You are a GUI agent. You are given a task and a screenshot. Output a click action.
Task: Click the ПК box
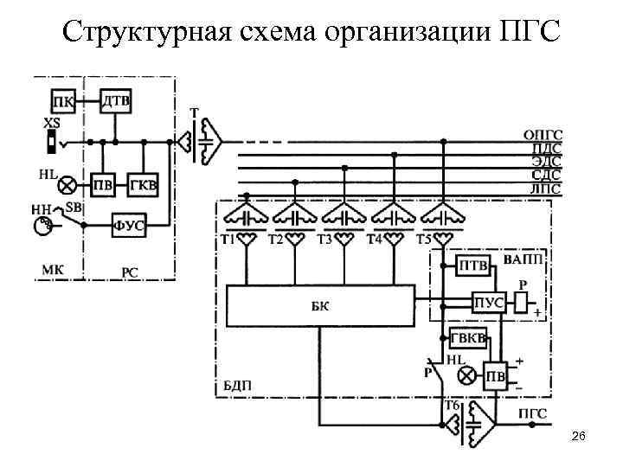point(62,100)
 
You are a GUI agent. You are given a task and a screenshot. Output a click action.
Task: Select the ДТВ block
point(116,100)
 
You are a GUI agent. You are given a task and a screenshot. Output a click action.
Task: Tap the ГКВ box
point(143,184)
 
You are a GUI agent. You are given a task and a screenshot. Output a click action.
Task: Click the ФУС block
point(129,226)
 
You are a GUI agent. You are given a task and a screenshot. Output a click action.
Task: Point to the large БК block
point(321,305)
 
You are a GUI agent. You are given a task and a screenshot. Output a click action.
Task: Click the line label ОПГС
point(543,134)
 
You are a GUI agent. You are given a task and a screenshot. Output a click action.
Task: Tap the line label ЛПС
point(546,189)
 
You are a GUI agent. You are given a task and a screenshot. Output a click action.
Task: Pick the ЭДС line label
point(546,161)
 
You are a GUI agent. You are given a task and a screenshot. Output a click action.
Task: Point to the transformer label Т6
point(451,405)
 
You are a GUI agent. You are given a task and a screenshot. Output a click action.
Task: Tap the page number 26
point(578,440)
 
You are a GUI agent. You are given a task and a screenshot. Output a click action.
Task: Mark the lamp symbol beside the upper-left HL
point(66,184)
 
